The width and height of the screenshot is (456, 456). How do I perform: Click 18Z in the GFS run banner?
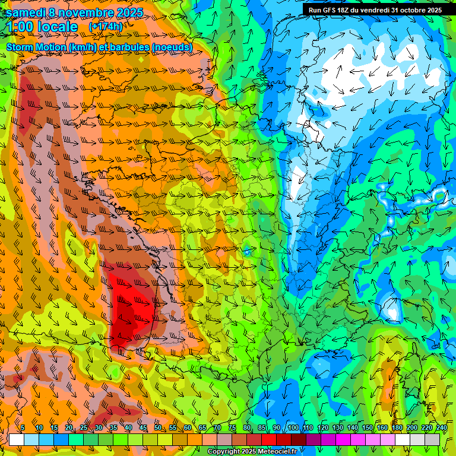[x=344, y=10]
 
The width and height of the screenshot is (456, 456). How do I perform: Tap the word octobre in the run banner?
[x=411, y=10]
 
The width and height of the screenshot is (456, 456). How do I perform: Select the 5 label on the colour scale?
[x=23, y=428]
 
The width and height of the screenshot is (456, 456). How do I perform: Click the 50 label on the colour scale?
[x=157, y=428]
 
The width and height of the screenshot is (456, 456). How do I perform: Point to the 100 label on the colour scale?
[x=293, y=428]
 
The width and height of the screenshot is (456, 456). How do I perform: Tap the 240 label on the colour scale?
[x=442, y=428]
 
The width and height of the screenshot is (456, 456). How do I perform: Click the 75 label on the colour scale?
[x=232, y=428]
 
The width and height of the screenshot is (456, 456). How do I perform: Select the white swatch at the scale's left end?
[x=17, y=439]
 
